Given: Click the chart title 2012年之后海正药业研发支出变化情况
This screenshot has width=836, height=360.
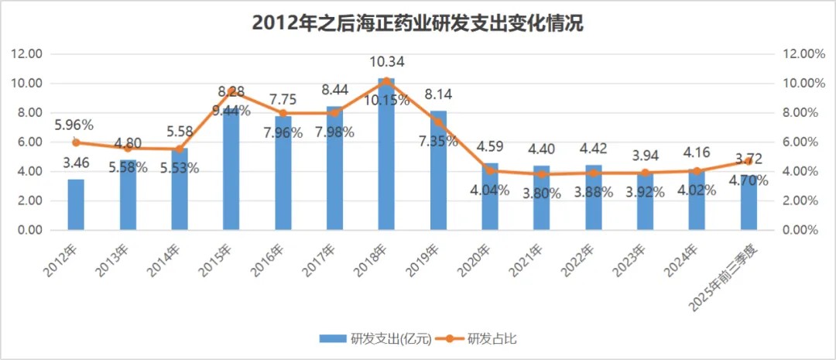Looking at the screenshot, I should (417, 23).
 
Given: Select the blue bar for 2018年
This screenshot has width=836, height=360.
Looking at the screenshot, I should (386, 155).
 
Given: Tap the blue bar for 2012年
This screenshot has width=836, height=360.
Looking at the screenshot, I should (75, 204).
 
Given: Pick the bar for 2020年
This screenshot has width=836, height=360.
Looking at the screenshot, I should (490, 197).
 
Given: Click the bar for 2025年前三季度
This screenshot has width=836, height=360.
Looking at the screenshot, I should (749, 203).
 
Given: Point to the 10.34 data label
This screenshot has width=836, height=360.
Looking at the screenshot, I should (386, 62).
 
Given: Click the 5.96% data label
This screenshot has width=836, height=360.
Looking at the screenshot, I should (74, 125).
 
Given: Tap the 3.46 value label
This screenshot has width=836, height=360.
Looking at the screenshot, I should (75, 163).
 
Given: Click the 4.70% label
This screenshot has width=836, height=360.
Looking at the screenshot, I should (748, 180).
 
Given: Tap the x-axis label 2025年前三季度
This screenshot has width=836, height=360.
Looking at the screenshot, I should (724, 271).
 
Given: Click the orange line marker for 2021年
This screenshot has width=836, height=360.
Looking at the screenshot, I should (542, 174).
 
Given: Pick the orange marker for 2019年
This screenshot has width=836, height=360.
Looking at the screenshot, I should (438, 122).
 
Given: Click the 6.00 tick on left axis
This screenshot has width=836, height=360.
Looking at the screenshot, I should (27, 142).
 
